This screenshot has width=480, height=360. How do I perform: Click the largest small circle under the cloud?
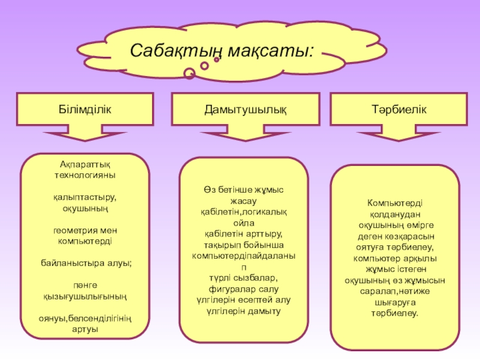[189, 74]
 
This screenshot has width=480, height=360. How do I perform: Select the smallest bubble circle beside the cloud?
[217, 60]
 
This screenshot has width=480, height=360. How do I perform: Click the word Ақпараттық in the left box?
[85, 164]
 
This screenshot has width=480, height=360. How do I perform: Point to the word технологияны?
[85, 175]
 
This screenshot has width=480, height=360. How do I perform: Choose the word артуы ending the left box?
[85, 329]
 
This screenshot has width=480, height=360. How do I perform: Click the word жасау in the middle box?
[244, 200]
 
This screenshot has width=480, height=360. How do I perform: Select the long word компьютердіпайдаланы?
[244, 256]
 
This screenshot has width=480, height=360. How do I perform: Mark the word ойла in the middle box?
[244, 223]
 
